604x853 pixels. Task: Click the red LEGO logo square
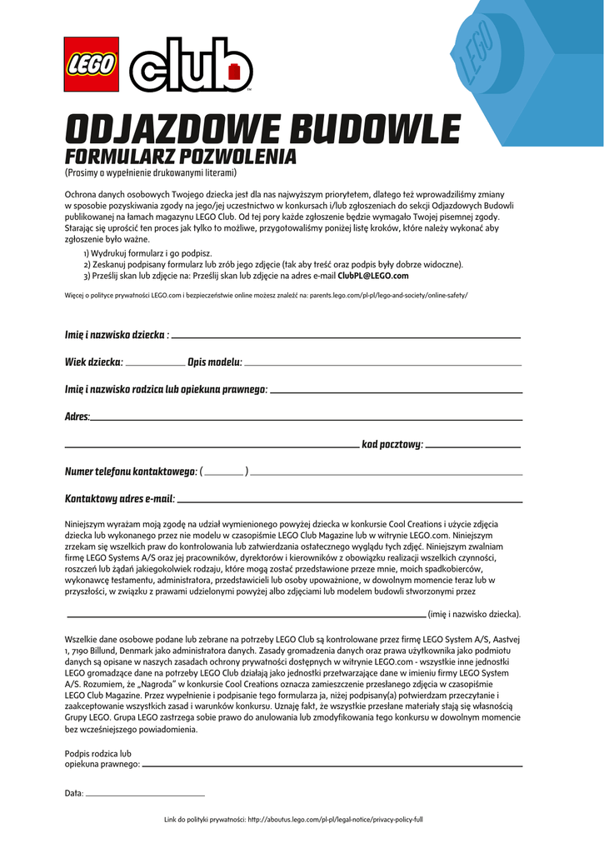91,65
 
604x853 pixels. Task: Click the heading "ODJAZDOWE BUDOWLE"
262,131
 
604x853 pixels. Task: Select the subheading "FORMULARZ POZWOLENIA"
180,157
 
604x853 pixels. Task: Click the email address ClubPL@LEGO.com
373,276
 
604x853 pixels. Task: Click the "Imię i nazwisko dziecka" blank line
346,337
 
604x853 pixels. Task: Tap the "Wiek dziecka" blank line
155,365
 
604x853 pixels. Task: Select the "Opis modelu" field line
382,365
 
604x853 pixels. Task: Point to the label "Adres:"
77,417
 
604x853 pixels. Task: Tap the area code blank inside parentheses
223,474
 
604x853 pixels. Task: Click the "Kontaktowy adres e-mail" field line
350,502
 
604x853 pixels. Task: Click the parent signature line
332,765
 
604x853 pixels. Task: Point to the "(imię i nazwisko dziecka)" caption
474,615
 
